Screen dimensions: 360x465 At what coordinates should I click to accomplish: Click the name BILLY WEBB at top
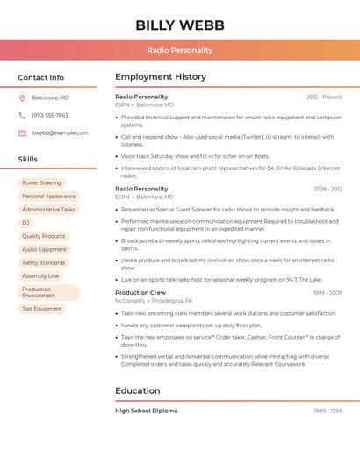tap(179, 25)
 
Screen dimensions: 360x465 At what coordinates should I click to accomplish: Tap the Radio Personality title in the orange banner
tap(179, 50)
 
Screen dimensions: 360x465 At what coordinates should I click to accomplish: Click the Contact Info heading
tap(41, 77)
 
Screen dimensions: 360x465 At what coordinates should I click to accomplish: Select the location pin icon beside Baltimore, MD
tap(22, 97)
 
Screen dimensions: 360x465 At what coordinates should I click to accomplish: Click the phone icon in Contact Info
tap(22, 115)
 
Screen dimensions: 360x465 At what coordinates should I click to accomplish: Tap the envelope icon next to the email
tap(22, 132)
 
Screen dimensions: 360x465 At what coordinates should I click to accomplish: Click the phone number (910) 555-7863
tap(50, 115)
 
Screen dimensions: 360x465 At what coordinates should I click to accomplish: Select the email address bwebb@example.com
tap(60, 132)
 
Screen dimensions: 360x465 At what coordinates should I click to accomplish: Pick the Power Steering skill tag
tap(42, 183)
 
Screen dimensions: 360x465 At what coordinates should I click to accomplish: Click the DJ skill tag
tap(25, 223)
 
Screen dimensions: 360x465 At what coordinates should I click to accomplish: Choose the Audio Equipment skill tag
tap(44, 249)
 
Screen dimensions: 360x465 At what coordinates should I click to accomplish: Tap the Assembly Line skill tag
tap(40, 275)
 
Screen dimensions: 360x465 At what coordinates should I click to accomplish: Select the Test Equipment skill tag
tap(42, 309)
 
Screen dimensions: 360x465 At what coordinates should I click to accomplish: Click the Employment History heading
tap(161, 77)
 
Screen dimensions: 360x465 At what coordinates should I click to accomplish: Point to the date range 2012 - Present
tap(324, 97)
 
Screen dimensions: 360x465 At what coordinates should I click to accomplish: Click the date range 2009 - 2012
tap(327, 189)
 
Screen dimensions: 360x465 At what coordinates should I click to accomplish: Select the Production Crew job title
tap(140, 292)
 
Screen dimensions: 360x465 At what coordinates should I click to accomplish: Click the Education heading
tap(138, 390)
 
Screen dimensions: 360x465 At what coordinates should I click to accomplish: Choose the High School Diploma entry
tap(146, 411)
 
